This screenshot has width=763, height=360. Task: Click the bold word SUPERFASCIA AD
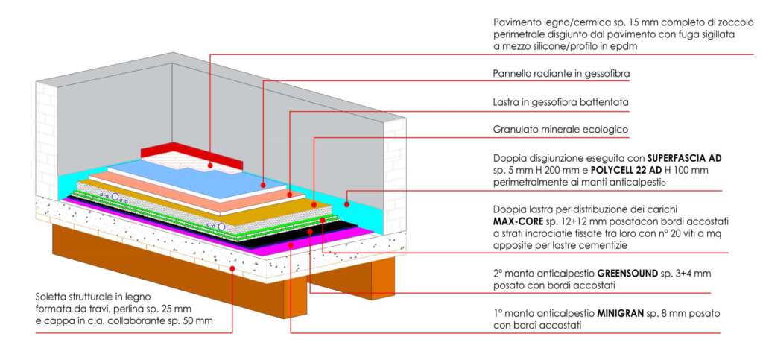click(685, 158)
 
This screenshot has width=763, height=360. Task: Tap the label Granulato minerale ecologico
click(560, 129)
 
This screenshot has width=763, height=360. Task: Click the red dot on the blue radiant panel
click(263, 183)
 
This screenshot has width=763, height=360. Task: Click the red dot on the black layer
click(309, 231)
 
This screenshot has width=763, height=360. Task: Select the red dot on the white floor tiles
click(211, 165)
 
